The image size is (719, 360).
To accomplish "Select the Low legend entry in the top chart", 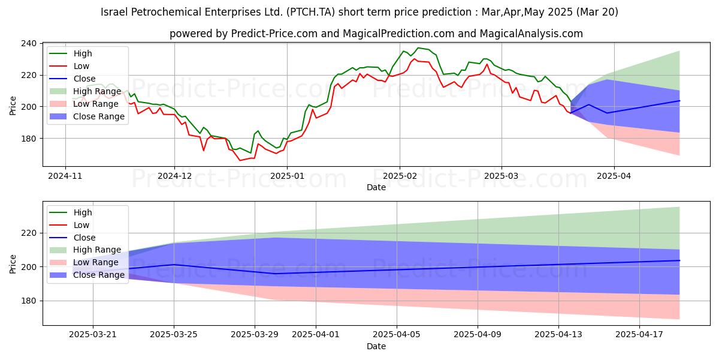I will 81,66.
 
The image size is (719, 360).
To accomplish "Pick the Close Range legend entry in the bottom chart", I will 99,275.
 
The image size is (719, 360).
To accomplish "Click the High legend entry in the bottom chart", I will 83,212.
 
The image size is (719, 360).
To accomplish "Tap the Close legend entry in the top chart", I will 84,79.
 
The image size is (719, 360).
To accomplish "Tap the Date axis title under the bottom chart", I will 376,347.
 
